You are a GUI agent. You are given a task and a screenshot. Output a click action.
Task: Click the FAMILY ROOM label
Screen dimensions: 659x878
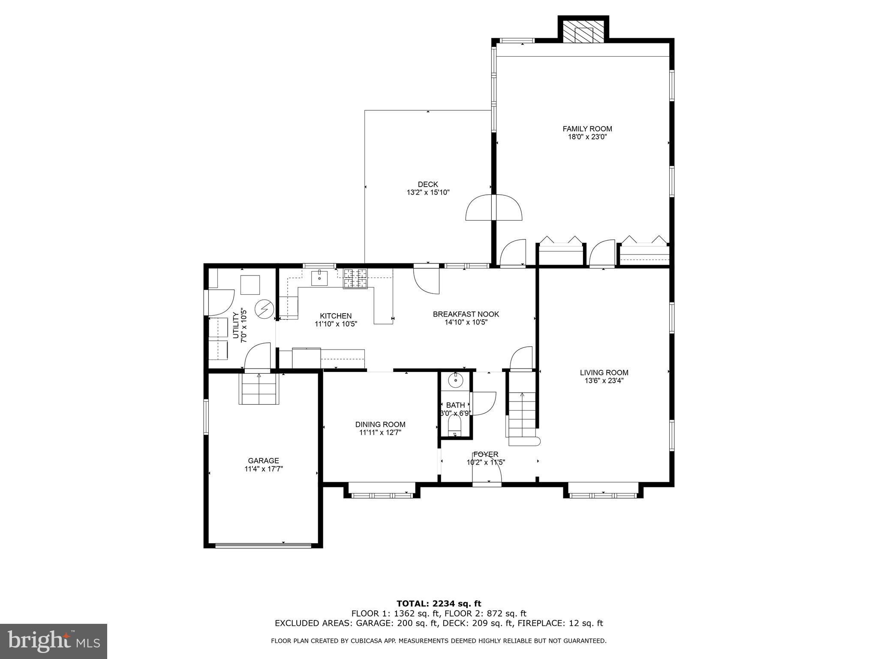pyautogui.click(x=587, y=129)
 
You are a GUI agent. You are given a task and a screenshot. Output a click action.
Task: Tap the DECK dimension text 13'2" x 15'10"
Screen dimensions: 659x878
pyautogui.click(x=428, y=193)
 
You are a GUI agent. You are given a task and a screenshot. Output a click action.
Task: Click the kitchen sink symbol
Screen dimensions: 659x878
pyautogui.click(x=319, y=278)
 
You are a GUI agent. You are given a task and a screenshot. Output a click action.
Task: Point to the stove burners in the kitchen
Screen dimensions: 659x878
pyautogui.click(x=355, y=278)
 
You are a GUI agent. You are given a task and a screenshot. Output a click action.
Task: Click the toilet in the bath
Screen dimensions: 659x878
pyautogui.click(x=454, y=427)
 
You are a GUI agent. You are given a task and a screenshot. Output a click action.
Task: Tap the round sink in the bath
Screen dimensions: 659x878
pyautogui.click(x=454, y=380)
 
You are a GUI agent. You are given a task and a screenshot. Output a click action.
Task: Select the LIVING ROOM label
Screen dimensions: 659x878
pyautogui.click(x=604, y=373)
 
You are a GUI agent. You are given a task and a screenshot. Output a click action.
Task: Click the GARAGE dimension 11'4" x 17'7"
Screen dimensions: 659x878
pyautogui.click(x=264, y=469)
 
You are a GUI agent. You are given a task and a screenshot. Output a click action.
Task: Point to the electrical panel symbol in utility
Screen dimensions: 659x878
pyautogui.click(x=264, y=309)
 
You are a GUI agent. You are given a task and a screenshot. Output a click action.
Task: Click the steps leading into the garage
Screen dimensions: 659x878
pyautogui.click(x=259, y=389)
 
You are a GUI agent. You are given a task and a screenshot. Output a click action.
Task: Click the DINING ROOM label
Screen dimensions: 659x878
pyautogui.click(x=380, y=424)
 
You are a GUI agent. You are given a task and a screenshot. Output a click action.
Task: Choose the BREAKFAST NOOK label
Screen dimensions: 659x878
pyautogui.click(x=466, y=314)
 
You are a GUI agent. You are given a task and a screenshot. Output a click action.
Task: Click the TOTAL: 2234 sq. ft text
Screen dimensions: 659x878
pyautogui.click(x=439, y=604)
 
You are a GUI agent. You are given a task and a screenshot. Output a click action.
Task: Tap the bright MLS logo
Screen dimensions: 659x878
pyautogui.click(x=53, y=641)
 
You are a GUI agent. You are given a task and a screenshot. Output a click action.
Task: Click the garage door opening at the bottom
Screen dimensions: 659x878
pyautogui.click(x=263, y=546)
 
